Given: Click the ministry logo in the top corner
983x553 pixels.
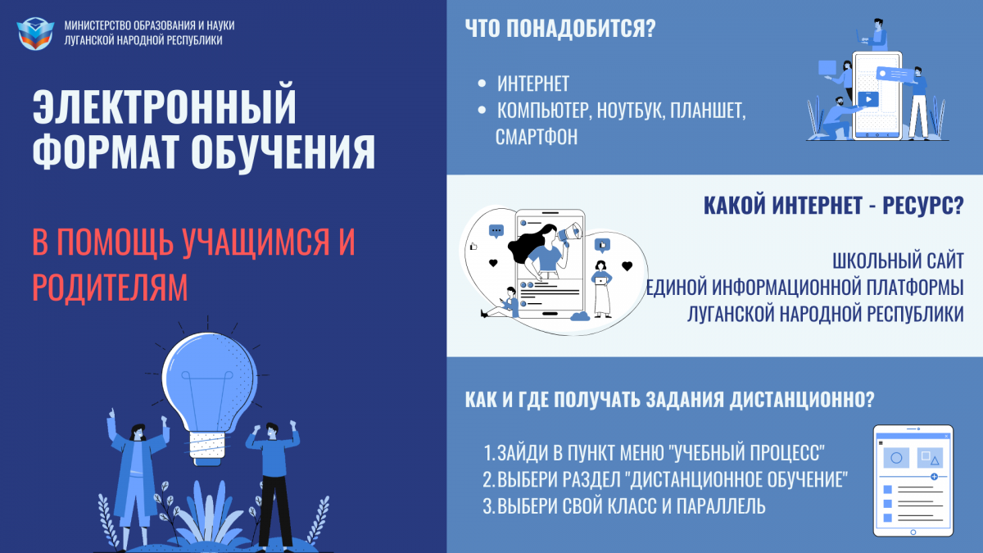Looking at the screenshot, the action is click(35, 34).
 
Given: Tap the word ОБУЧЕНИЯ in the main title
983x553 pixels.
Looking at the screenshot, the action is click(283, 152).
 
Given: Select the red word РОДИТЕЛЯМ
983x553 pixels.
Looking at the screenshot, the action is click(110, 288).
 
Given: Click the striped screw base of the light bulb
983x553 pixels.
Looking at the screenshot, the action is click(207, 446).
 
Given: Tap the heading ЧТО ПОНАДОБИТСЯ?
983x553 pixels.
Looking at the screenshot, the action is click(560, 28).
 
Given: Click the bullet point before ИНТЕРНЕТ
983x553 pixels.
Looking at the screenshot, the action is click(482, 84).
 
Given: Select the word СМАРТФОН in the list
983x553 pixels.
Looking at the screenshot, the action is click(537, 137).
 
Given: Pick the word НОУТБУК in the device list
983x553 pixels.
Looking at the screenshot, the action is click(631, 110).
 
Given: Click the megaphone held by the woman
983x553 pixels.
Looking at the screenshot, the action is click(570, 232).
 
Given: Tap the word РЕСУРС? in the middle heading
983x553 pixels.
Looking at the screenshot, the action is click(923, 206).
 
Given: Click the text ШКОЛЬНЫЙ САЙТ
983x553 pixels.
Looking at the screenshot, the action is click(898, 261).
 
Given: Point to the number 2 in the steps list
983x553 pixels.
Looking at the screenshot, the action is click(488, 479).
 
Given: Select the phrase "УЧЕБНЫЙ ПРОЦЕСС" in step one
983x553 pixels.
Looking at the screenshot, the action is click(749, 453).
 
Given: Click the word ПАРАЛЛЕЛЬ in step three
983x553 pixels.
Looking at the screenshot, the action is click(721, 506).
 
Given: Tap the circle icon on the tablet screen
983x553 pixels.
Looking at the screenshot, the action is click(896, 458).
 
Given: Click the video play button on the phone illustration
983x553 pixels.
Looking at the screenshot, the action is click(868, 99).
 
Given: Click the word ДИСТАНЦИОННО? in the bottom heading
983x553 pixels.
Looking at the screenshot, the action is click(802, 400).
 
